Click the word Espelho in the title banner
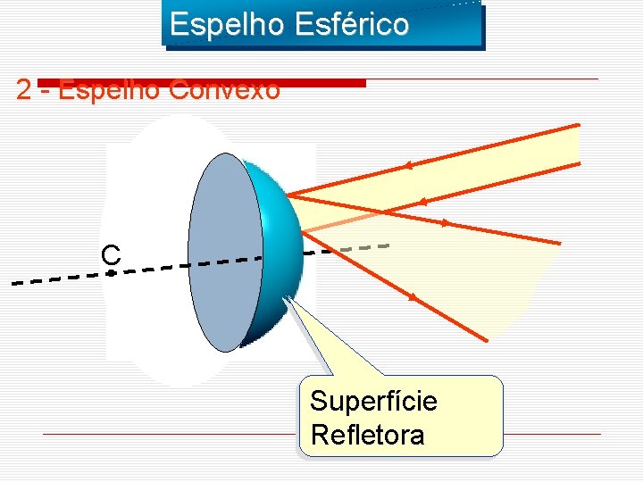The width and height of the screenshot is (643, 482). point(220,24)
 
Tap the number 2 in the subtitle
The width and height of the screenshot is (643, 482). point(24,90)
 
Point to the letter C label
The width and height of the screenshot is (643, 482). point(111,255)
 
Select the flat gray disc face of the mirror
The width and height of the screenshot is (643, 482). point(226,251)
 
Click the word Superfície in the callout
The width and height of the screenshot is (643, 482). point(373,402)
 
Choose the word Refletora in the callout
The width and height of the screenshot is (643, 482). point(367,436)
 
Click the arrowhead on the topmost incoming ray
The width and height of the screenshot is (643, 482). point(407,165)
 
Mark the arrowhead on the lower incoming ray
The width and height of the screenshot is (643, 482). point(422,203)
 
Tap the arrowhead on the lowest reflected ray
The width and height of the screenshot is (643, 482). point(413,296)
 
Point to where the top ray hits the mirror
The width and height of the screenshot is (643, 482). point(287,195)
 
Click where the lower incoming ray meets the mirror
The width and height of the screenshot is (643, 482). point(301,232)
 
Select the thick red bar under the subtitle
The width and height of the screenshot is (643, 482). point(201,83)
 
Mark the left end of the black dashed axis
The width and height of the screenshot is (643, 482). point(13,284)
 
